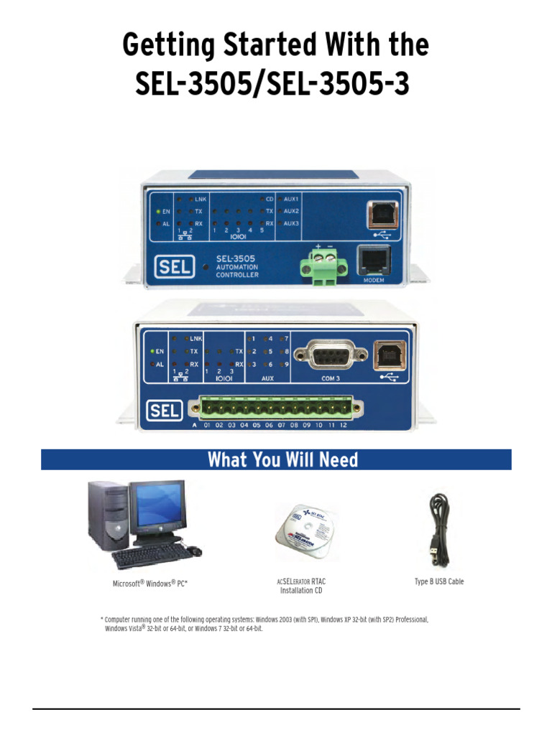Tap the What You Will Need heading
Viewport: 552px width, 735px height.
pos(282,459)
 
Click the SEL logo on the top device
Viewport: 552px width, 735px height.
pos(174,268)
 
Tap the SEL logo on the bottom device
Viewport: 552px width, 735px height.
pos(165,411)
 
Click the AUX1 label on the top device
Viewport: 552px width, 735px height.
pos(292,198)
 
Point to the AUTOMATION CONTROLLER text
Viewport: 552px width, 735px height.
pos(242,271)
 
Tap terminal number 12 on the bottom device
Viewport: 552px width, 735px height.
pos(344,426)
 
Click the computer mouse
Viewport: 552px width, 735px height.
pos(193,551)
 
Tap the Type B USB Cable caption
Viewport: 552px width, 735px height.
pos(438,581)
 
